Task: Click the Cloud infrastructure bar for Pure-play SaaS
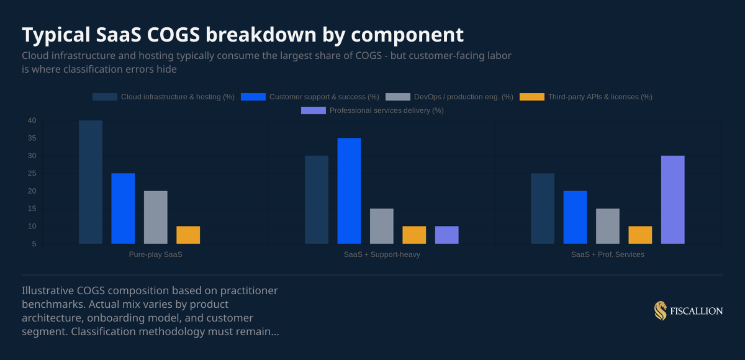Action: [x=91, y=182]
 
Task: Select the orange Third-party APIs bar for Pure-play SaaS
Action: [x=188, y=235]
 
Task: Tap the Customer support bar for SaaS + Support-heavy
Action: [x=349, y=191]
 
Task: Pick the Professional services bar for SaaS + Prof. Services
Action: [x=672, y=200]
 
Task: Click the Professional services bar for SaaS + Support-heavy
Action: [x=446, y=235]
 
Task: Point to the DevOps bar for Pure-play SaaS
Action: [x=156, y=217]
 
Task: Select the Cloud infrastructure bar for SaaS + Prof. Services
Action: [x=543, y=209]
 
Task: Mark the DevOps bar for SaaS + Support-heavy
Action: [x=382, y=227]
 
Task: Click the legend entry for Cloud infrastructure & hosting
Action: [x=163, y=97]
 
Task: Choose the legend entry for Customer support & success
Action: [x=310, y=97]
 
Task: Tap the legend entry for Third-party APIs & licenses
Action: [x=585, y=97]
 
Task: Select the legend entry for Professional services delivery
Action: [x=372, y=110]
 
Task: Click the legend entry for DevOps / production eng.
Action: [x=449, y=97]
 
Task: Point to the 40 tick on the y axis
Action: [x=32, y=120]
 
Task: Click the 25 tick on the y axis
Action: [x=32, y=173]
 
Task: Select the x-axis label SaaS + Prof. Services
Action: [x=608, y=255]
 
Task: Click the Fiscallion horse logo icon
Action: [x=660, y=310]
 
